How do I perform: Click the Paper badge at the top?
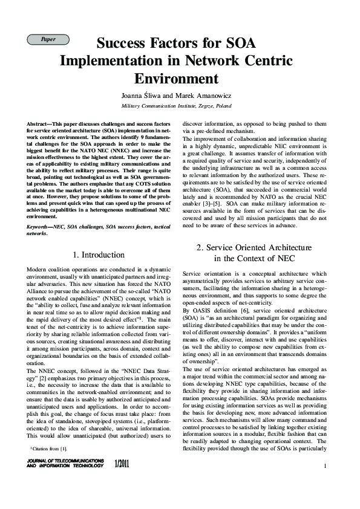pyautogui.click(x=48, y=39)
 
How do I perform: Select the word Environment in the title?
pyautogui.click(x=176, y=78)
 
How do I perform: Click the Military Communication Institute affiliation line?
pyautogui.click(x=176, y=105)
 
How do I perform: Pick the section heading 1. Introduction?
pyautogui.click(x=99, y=254)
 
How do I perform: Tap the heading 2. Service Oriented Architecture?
pyautogui.click(x=254, y=247)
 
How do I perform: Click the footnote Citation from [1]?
pyautogui.click(x=49, y=448)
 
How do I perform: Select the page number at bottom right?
pyautogui.click(x=325, y=465)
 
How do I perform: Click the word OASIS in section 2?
pyautogui.click(x=204, y=310)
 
